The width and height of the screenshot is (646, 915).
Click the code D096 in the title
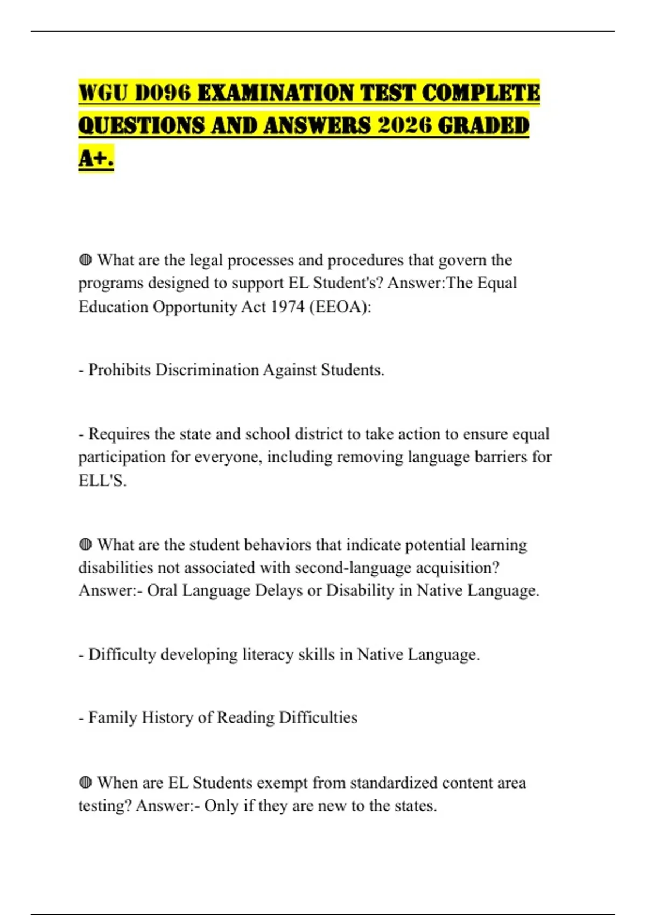(x=163, y=93)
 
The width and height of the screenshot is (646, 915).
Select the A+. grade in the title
(x=96, y=158)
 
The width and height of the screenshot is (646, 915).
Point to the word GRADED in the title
(x=483, y=125)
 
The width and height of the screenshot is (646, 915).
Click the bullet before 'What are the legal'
(x=85, y=261)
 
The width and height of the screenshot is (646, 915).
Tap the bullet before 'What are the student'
(x=85, y=545)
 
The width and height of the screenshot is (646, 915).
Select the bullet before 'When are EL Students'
(x=85, y=783)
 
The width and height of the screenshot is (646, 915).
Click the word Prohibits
(x=119, y=370)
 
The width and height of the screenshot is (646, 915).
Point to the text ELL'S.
(x=102, y=480)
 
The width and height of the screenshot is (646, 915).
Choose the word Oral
(x=162, y=591)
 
